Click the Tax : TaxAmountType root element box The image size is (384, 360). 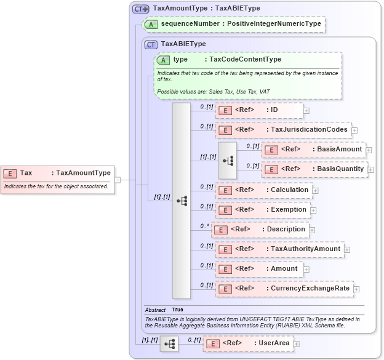pyautogui.click(x=58, y=173)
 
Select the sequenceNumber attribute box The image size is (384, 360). pyautogui.click(x=233, y=25)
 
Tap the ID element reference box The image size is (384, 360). pyautogui.click(x=259, y=110)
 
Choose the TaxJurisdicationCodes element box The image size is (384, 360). pyautogui.click(x=283, y=130)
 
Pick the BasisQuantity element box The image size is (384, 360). pyautogui.click(x=314, y=169)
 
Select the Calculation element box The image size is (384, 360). pyautogui.click(x=263, y=190)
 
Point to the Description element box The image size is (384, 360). pyautogui.click(x=259, y=230)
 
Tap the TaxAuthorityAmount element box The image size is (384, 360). pyautogui.click(x=279, y=249)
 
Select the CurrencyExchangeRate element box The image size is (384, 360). pyautogui.click(x=284, y=288)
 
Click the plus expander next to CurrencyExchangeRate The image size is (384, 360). pyautogui.click(x=356, y=289)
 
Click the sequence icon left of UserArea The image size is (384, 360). pyautogui.click(x=169, y=343)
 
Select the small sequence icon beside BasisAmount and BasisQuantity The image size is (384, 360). pyautogui.click(x=228, y=160)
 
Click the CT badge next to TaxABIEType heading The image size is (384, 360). pyautogui.click(x=151, y=44)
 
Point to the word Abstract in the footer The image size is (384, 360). pyautogui.click(x=155, y=310)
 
